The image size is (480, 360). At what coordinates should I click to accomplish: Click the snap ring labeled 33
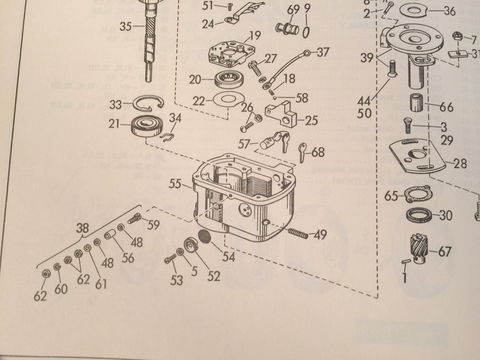[x=143, y=105]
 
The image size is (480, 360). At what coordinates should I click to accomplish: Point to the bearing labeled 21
[x=147, y=126]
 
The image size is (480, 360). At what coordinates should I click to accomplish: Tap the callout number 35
[x=125, y=26]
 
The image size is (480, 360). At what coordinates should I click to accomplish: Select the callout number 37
[x=322, y=52]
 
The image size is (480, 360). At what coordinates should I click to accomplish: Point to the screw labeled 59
[x=134, y=218]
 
